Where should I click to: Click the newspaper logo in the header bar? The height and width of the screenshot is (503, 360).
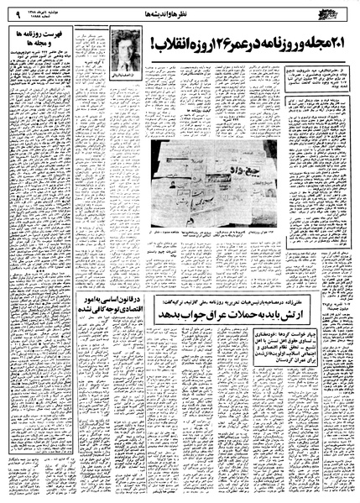click(x=337, y=11)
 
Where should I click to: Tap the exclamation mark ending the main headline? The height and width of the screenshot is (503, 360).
click(x=152, y=39)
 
